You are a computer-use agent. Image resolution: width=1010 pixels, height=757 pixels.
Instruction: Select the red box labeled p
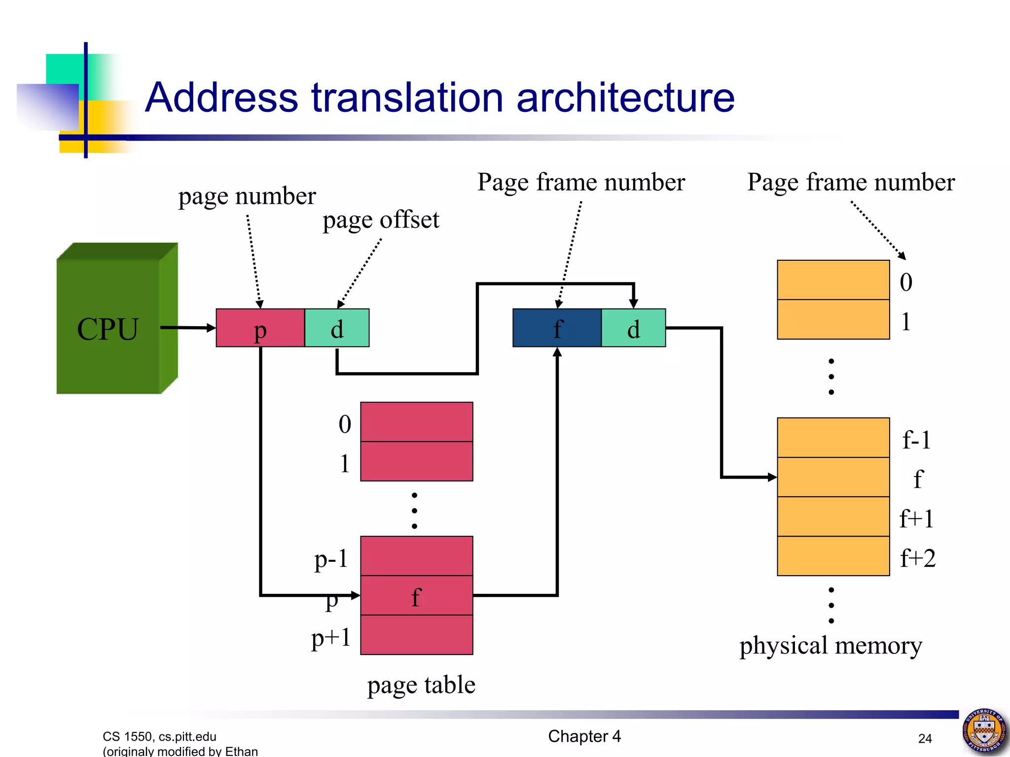click(260, 328)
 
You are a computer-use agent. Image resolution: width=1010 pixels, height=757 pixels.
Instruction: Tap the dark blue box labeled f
click(557, 328)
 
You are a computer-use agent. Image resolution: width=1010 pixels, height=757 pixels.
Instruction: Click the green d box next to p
click(337, 328)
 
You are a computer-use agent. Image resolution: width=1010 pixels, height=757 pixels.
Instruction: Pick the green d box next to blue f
click(634, 328)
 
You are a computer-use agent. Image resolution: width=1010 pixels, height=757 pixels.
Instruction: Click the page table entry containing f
click(417, 595)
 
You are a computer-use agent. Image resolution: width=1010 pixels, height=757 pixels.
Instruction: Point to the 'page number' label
click(247, 196)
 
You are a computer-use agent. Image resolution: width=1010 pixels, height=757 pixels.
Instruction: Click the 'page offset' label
click(381, 220)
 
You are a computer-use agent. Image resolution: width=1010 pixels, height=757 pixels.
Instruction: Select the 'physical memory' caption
click(830, 646)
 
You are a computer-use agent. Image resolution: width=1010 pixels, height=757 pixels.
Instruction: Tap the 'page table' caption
click(421, 685)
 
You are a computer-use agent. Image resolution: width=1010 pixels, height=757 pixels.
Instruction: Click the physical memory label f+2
click(917, 558)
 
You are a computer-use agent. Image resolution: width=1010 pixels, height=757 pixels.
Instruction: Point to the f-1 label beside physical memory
click(916, 440)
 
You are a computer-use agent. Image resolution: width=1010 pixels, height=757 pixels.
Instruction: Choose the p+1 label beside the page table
click(331, 638)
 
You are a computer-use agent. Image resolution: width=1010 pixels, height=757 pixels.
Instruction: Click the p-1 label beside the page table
click(331, 559)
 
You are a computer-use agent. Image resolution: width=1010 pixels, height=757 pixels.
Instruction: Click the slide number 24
click(925, 738)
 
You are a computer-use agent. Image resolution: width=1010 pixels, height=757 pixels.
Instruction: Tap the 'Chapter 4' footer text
click(584, 736)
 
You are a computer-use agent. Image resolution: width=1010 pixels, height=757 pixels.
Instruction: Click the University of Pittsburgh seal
click(984, 731)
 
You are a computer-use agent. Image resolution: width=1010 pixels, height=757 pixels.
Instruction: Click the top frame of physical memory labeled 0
click(833, 280)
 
